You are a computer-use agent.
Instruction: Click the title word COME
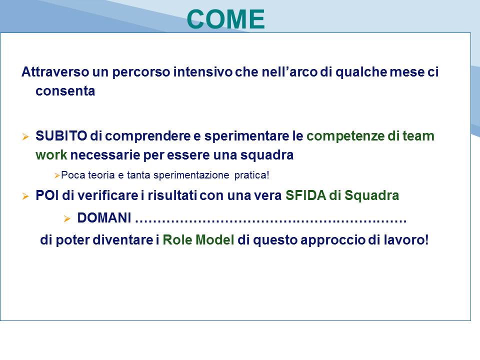click(x=225, y=19)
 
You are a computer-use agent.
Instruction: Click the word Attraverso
click(x=55, y=72)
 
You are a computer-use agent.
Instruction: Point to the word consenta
click(x=65, y=91)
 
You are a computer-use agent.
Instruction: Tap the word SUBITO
click(x=61, y=136)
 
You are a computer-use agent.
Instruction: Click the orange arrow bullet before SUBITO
click(x=25, y=136)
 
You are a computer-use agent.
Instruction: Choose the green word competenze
click(x=345, y=136)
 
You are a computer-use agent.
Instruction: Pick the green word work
click(x=51, y=155)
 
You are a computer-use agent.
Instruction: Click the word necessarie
click(x=105, y=155)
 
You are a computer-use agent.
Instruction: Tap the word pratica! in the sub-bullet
click(x=251, y=175)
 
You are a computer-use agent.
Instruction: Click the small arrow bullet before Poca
click(x=57, y=175)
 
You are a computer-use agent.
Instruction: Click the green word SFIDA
click(x=305, y=195)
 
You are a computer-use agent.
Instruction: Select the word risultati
click(x=172, y=195)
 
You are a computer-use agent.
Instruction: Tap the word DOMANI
click(x=104, y=218)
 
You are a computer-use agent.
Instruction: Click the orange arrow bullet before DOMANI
click(x=67, y=218)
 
